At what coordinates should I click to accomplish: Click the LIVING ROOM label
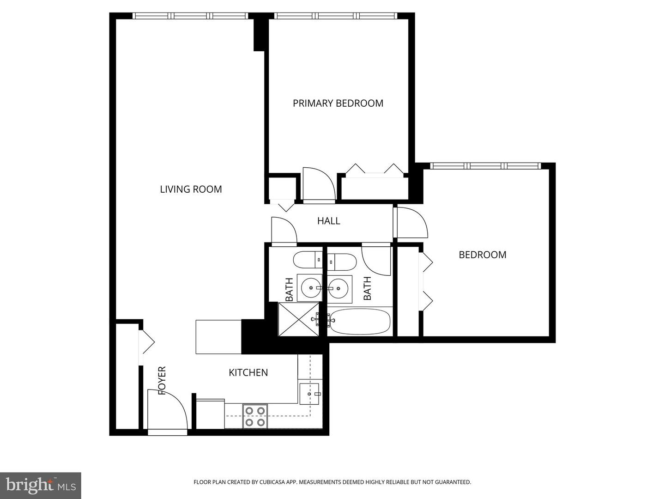coord(191,189)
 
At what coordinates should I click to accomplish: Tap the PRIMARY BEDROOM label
coord(338,103)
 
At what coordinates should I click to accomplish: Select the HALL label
coord(328,221)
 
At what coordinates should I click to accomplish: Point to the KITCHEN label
coord(248,372)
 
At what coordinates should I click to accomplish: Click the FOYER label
coord(162,381)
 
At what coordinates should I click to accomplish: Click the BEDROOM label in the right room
coord(482,255)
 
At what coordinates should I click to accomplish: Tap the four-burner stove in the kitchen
coord(255,416)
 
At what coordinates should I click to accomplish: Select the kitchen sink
coord(310,394)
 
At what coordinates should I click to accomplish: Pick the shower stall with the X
coord(299,319)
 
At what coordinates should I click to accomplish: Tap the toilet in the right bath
coord(342,262)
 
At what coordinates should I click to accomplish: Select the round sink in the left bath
coord(309,288)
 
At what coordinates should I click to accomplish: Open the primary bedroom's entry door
coord(319,185)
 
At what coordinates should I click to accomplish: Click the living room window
coord(190,16)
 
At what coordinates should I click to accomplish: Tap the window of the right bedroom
coord(485,166)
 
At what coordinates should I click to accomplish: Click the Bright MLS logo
coord(41,486)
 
